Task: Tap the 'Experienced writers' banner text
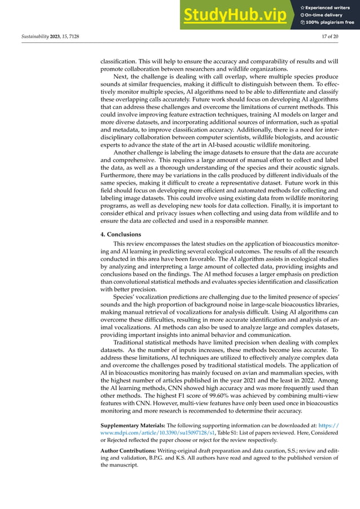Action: (x=330, y=7)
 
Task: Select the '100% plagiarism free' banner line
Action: (x=330, y=23)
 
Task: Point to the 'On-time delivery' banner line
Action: (x=327, y=15)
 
